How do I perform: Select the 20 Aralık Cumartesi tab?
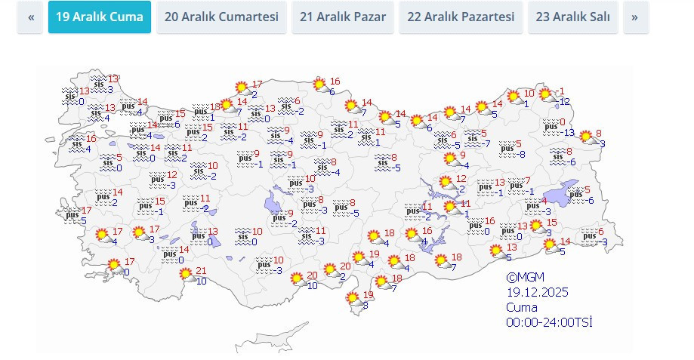pos(221,17)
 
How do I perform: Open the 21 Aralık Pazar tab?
pos(342,17)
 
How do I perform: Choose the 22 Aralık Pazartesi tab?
pos(461,17)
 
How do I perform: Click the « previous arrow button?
pos(30,17)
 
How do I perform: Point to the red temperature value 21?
pos(201,272)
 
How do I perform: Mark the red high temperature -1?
pos(560,92)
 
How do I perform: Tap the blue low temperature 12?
pos(564,102)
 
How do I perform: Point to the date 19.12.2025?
pos(537,292)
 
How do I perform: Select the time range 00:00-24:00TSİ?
pos(549,322)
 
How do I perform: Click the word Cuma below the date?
pos(522,307)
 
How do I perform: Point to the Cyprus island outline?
pos(353,300)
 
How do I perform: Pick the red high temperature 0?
pos(561,122)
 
